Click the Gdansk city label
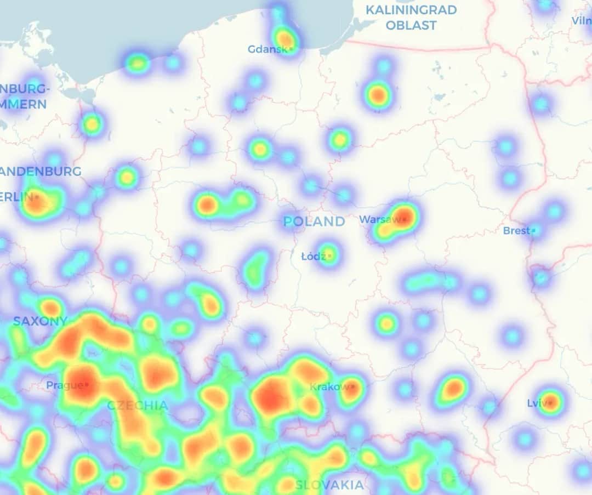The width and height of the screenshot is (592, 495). (x=268, y=49)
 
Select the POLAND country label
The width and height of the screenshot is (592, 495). (x=314, y=221)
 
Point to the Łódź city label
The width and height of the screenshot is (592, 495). (x=314, y=256)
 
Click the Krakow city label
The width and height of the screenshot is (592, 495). (x=329, y=387)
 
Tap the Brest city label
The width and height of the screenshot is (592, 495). (x=516, y=231)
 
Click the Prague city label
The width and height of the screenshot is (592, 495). (x=64, y=385)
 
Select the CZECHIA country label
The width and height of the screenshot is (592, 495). (x=138, y=406)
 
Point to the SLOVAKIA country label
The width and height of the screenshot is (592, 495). (x=329, y=485)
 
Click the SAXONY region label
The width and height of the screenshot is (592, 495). (x=40, y=321)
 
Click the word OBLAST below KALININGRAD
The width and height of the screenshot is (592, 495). (x=411, y=25)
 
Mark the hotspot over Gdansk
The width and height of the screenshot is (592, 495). (x=285, y=38)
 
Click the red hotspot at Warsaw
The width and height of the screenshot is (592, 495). (x=405, y=215)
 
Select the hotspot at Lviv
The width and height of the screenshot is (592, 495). (x=551, y=402)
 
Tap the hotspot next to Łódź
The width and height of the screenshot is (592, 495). (x=328, y=254)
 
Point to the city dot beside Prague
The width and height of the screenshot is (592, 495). (x=86, y=385)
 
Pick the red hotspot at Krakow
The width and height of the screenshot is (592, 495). (x=352, y=388)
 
